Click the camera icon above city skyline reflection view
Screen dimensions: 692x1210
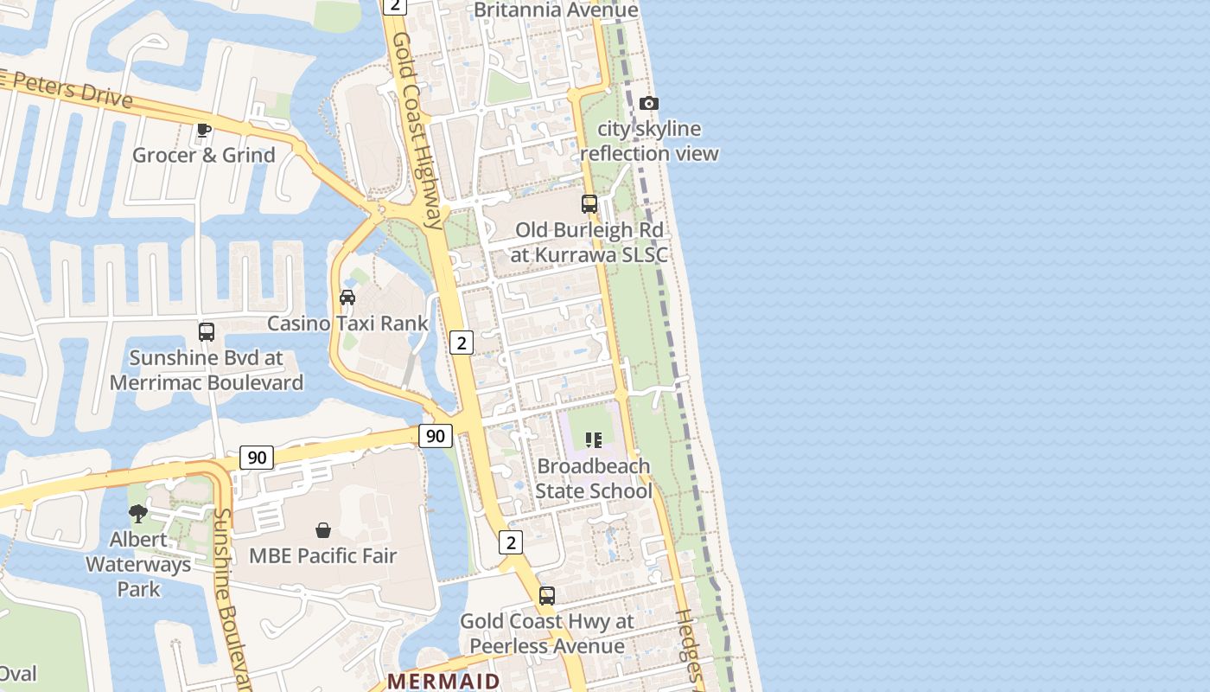click(x=648, y=104)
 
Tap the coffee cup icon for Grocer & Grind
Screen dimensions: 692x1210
click(x=203, y=131)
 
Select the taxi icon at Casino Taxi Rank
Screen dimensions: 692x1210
click(x=347, y=298)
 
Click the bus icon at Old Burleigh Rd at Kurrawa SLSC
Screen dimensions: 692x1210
click(x=589, y=204)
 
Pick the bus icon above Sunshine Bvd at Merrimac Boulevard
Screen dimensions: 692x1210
click(x=207, y=332)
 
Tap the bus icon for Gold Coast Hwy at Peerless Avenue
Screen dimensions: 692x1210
click(x=547, y=596)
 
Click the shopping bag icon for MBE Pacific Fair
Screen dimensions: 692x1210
click(x=323, y=530)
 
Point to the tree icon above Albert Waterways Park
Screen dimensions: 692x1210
click(x=137, y=514)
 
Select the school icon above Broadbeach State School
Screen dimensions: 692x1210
click(x=593, y=440)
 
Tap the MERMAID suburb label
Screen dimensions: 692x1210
click(x=443, y=681)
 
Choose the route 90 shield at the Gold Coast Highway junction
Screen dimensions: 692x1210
click(x=435, y=436)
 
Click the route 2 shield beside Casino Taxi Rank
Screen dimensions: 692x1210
click(x=462, y=343)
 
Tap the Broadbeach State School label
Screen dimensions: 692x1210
click(x=593, y=478)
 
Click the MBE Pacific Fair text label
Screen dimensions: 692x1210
click(x=322, y=555)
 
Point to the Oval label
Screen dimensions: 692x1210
click(x=17, y=673)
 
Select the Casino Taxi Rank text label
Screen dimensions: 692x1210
click(x=347, y=324)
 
